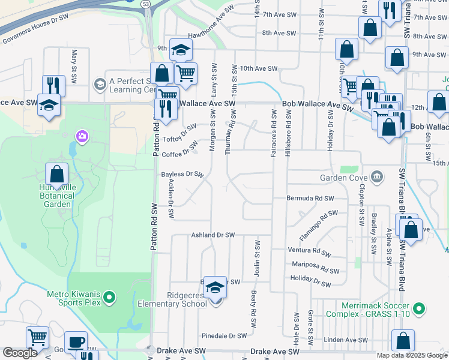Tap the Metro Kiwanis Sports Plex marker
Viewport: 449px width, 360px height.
point(109,297)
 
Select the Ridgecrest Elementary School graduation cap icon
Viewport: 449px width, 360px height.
point(215,289)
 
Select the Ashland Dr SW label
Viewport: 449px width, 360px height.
point(212,235)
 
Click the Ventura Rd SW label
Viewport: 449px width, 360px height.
point(309,252)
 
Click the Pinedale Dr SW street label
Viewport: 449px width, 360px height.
point(224,336)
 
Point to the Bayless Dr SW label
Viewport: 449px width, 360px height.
point(183,175)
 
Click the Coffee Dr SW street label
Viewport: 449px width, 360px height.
point(181,153)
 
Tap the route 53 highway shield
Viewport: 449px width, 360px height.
point(146,4)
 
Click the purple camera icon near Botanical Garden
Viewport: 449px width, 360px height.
point(82,137)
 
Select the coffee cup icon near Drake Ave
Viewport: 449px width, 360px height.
point(76,343)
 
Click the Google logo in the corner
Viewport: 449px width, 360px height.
point(20,353)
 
